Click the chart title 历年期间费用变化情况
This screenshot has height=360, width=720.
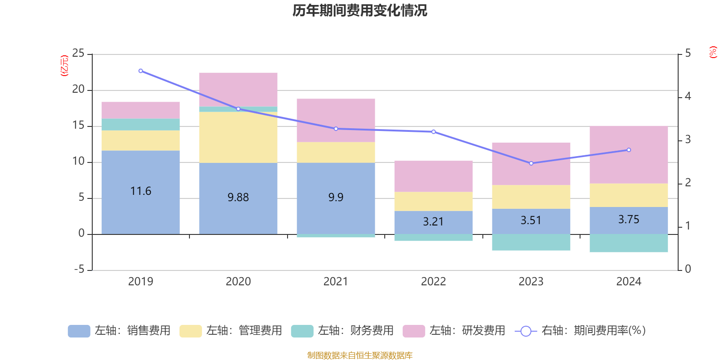point(360,10)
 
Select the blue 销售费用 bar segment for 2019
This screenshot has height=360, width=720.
point(140,211)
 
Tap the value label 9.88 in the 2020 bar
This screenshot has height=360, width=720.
point(238,197)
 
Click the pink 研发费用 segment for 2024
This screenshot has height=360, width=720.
point(629,154)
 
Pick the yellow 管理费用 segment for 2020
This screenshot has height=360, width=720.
point(238,137)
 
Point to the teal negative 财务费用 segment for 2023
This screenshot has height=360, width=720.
point(531,242)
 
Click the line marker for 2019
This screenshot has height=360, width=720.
point(141,71)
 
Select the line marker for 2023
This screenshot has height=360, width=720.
point(531,163)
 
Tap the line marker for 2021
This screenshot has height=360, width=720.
point(336,129)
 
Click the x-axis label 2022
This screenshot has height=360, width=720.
point(433,282)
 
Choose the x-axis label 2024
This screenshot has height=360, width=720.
point(629,282)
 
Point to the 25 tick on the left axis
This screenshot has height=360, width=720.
point(78,54)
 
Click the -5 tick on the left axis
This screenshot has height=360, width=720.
point(78,270)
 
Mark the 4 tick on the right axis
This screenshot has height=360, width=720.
point(688,96)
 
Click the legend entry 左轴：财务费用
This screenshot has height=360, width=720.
point(342,331)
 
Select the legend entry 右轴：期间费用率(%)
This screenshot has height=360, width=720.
point(580,331)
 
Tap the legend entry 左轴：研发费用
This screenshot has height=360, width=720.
point(454,331)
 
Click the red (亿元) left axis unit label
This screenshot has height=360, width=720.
point(64,66)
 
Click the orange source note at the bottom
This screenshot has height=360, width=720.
point(360,355)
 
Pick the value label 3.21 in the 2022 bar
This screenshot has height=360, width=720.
point(433,222)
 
